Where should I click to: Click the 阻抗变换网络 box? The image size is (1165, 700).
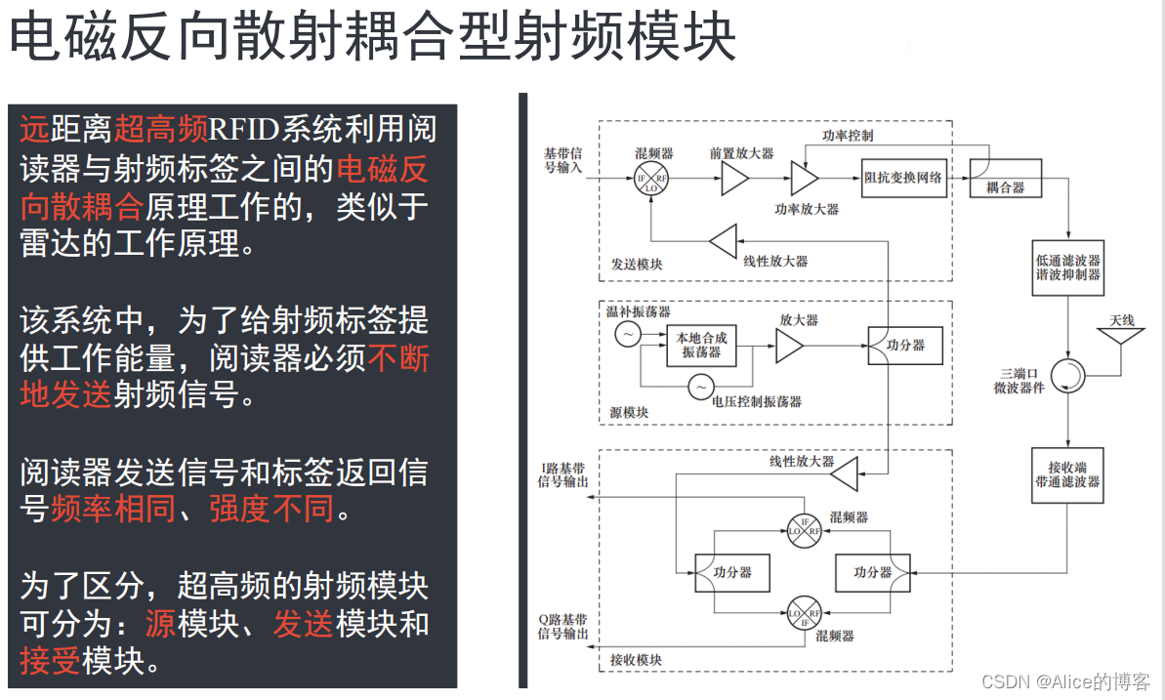point(904,177)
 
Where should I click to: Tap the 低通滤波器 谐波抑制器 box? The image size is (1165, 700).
point(1067,268)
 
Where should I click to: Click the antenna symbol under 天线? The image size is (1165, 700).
point(1121,336)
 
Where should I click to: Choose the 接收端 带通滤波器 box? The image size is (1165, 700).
point(1067,474)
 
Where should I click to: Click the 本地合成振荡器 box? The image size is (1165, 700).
point(701,346)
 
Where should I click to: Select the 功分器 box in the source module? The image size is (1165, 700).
point(905,346)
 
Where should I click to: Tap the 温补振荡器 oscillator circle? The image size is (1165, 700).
point(626,335)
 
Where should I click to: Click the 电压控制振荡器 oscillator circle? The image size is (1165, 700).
point(700,388)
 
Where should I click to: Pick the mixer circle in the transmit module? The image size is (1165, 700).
point(653,179)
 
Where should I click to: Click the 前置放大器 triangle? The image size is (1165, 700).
point(734,178)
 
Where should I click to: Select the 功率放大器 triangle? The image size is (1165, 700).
point(804,179)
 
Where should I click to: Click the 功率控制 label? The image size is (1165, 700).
point(848,136)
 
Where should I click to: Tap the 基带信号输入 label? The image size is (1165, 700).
point(563,161)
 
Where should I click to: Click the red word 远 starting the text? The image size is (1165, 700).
point(34,130)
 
